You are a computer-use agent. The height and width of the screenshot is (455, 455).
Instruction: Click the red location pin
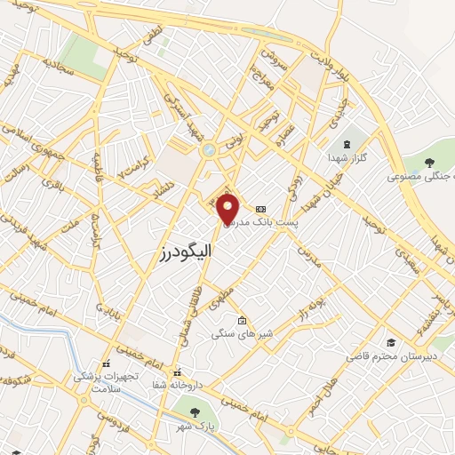point(228,208)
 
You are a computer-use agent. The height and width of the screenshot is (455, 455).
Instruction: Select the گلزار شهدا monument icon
point(347,144)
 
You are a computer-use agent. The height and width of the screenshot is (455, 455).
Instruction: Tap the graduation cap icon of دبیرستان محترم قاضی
point(390,343)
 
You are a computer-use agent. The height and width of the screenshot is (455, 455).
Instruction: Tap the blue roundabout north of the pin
point(208,151)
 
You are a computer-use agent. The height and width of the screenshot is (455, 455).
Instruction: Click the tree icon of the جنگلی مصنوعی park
point(429,163)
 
